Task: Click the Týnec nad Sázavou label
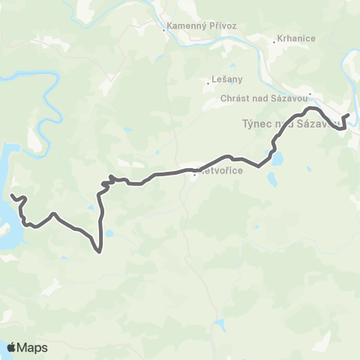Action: coord(289,124)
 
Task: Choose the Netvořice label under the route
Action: coord(214,171)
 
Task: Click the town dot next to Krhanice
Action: coord(274,41)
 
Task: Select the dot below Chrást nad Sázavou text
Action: coord(310,94)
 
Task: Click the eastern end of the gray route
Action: coord(349,115)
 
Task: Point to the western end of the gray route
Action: coord(11,196)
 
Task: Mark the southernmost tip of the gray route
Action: coord(100,253)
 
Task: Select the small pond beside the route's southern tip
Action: coord(109,234)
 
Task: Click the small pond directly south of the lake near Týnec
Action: coord(271,180)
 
